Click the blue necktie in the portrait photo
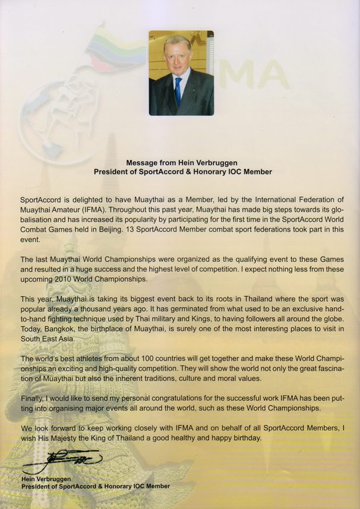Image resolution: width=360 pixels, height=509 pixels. (x=178, y=89)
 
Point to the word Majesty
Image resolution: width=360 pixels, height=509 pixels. (x=67, y=438)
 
